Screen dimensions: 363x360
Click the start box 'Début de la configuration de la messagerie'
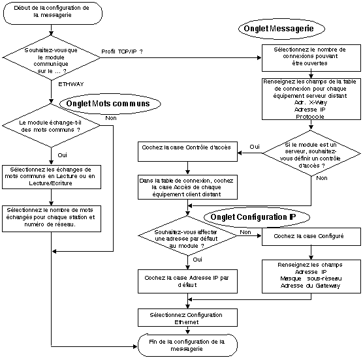pos(53,13)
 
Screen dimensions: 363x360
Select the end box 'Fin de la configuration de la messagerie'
pos(187,345)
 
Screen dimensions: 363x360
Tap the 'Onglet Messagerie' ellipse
pos(281,29)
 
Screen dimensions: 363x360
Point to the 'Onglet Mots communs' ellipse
pos(110,104)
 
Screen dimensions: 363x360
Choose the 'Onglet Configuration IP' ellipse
pos(257,217)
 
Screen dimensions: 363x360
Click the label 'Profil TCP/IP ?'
pos(122,52)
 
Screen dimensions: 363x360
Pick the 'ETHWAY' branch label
pos(71,84)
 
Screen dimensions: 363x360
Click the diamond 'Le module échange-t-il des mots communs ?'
pos(51,126)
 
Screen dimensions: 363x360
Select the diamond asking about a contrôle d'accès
pos(311,153)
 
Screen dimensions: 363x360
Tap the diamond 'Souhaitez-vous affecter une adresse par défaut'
pos(187,236)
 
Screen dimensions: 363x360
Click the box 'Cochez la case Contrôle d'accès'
pos(187,151)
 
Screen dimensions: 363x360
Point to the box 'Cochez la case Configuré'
pos(311,237)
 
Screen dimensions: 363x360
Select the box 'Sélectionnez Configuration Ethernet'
pos(187,318)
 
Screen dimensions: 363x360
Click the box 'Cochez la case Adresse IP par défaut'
pos(187,281)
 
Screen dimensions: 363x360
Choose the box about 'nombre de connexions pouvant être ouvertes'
pos(311,58)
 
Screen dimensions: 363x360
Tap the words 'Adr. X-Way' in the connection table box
pos(311,102)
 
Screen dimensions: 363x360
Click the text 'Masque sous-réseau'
pos(311,278)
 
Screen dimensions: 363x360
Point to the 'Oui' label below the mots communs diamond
pos(62,155)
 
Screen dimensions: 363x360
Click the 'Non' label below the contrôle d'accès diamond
pos(322,178)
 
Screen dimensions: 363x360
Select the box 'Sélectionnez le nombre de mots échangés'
pos(52,218)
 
